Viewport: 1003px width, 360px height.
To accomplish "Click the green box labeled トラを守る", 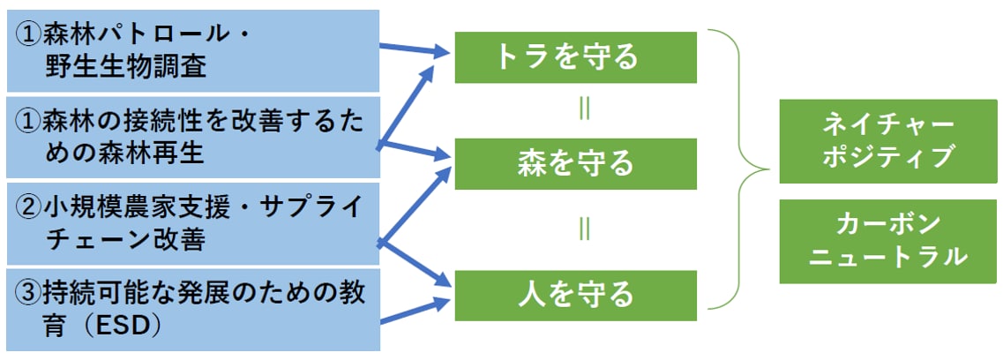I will pos(575,57).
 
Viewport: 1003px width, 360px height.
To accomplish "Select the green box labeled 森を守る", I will pos(575,163).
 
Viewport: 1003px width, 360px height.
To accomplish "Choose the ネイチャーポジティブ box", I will pos(888,141).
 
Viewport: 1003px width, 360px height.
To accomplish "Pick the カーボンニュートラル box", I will pos(888,241).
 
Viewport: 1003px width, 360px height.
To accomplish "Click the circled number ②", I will pos(29,208).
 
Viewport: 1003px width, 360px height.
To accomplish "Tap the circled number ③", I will pos(29,291).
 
